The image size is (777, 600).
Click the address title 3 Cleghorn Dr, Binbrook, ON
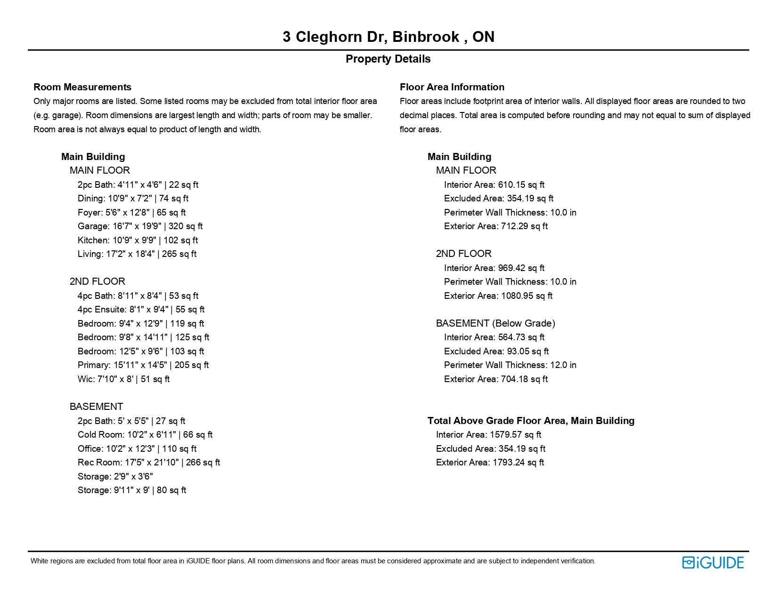tap(388, 37)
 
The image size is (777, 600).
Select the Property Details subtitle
tap(388, 59)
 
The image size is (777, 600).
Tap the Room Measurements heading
tap(82, 87)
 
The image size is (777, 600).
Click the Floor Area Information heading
tap(452, 87)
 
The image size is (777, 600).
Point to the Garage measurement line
tap(140, 226)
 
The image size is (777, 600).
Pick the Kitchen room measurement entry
tap(138, 240)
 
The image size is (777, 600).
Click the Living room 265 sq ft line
tap(137, 254)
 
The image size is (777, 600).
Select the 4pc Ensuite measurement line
tap(141, 310)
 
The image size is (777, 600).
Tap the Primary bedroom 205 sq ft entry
tap(143, 365)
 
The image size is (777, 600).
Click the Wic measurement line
tap(123, 379)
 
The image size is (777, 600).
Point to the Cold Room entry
tap(145, 435)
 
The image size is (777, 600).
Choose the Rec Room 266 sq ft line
tap(149, 463)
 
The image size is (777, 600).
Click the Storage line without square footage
tap(115, 477)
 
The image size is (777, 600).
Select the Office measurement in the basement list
tap(137, 449)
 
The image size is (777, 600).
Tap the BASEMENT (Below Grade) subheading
tap(495, 323)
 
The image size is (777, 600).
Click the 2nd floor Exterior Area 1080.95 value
tap(498, 296)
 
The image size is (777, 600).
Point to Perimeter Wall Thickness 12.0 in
tap(510, 365)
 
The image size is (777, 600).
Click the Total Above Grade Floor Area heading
tap(531, 421)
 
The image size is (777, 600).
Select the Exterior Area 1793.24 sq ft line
tap(490, 463)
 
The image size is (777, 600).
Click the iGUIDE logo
tap(713, 563)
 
